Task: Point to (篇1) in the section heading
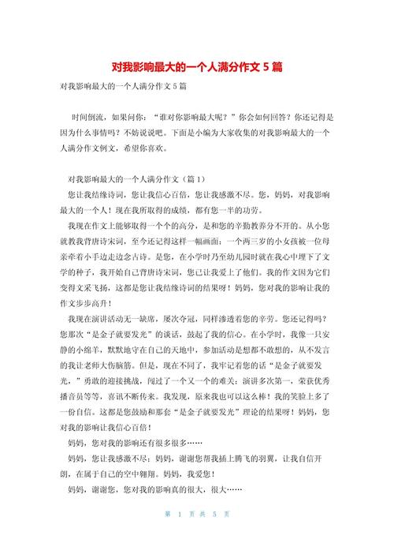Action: click(x=194, y=179)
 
